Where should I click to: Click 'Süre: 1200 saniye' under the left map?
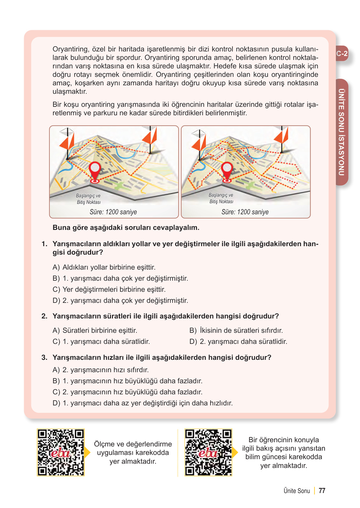tap(113, 212)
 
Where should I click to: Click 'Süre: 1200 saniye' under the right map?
tap(245, 212)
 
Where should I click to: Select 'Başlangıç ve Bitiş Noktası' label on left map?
tap(89, 199)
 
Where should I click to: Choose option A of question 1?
tap(104, 267)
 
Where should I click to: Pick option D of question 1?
tap(120, 301)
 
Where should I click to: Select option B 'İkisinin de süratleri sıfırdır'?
tap(236, 331)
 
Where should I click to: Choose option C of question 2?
tap(101, 342)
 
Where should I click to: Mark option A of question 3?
tap(101, 370)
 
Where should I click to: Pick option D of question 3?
tap(143, 403)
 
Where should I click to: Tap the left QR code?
tap(61, 453)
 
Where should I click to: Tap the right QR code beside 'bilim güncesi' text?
tap(208, 453)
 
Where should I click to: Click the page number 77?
tap(322, 491)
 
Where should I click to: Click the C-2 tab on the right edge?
tap(342, 54)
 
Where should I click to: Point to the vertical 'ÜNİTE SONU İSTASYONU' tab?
tap(341, 132)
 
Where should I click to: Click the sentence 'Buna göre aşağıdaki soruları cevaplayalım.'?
tap(126, 228)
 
